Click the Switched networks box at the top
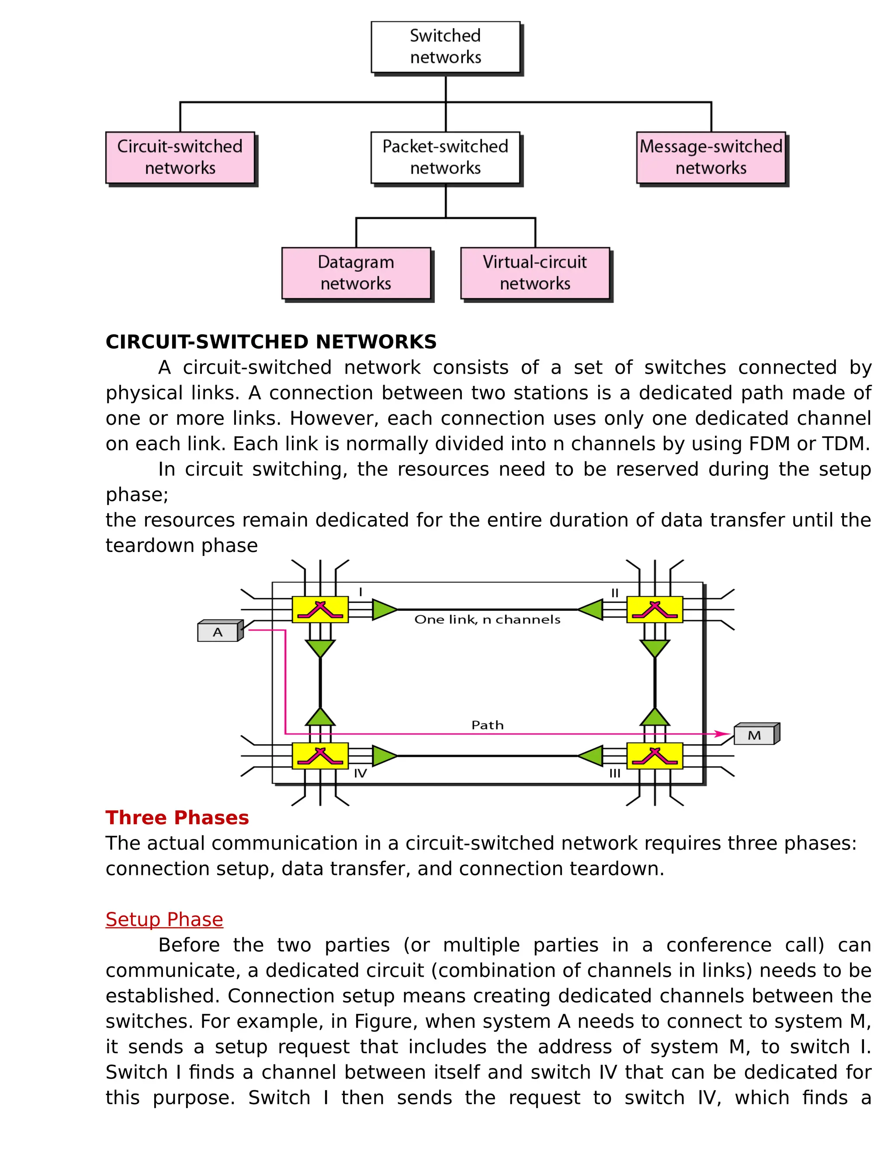pos(445,47)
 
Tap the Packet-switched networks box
pos(445,157)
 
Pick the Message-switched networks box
pos(711,157)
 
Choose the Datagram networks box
pos(356,273)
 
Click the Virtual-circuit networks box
pos(535,273)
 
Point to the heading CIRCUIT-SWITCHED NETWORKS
pos(271,342)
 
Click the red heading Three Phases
pos(177,818)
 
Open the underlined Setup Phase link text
pos(164,919)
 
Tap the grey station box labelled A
pos(218,632)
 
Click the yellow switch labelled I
pos(320,610)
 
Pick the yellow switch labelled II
pos(655,610)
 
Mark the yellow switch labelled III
pos(655,756)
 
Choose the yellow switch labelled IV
pos(320,756)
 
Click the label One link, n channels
pos(487,620)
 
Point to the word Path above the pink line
pos(487,725)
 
